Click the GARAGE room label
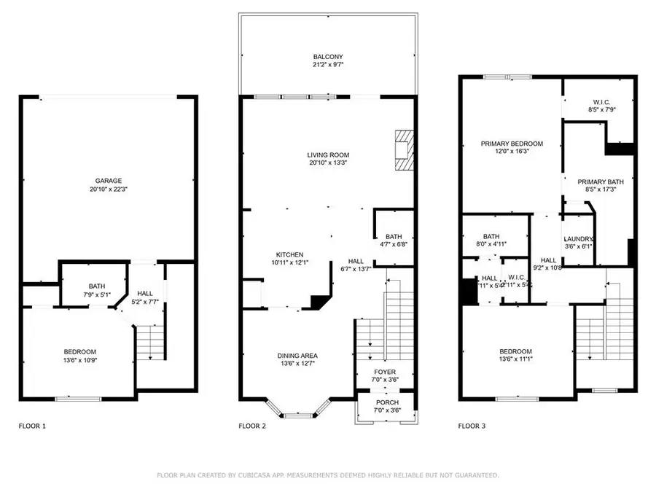point(108,181)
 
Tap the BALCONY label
point(328,57)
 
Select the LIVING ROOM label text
point(328,155)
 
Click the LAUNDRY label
point(579,239)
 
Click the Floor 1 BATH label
point(97,286)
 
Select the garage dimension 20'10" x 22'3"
point(108,190)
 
